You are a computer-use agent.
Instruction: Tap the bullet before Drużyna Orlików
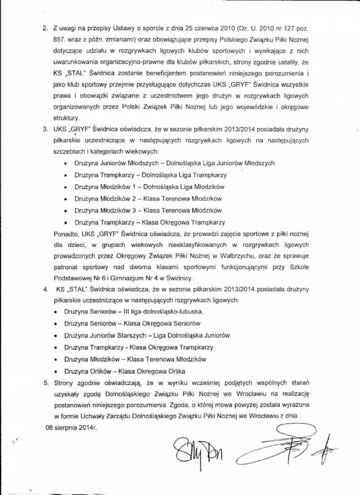[x=55, y=371]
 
